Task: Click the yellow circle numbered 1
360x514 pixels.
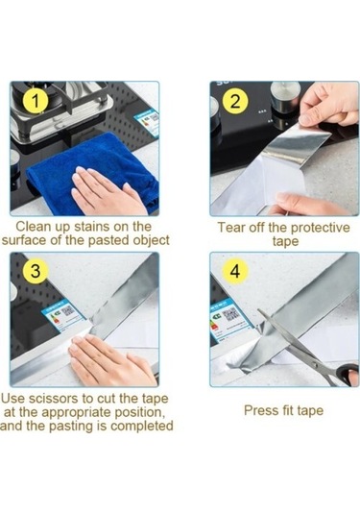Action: click(x=36, y=101)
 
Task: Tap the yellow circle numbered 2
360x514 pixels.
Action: click(x=235, y=101)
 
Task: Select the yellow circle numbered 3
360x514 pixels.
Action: click(x=36, y=271)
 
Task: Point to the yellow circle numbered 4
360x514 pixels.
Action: click(x=235, y=271)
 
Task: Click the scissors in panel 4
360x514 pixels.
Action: click(x=308, y=349)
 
